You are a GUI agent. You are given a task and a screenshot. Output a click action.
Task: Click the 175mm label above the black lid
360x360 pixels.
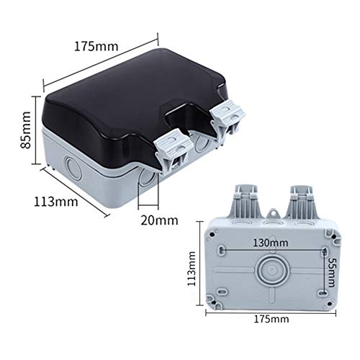tap(96, 46)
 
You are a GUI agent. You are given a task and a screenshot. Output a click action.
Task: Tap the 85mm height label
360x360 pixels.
tap(25, 130)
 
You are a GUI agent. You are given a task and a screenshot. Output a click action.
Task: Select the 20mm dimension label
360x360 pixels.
tap(159, 220)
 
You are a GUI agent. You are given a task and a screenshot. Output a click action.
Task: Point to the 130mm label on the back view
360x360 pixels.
tap(271, 243)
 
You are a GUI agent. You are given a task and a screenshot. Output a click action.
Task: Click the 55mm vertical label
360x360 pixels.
tap(331, 272)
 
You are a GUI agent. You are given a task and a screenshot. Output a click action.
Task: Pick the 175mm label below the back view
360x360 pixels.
tap(271, 319)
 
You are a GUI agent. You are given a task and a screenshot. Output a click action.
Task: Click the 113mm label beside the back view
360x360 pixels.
tap(192, 269)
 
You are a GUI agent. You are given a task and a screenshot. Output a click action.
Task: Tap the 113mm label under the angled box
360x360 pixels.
tap(55, 202)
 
